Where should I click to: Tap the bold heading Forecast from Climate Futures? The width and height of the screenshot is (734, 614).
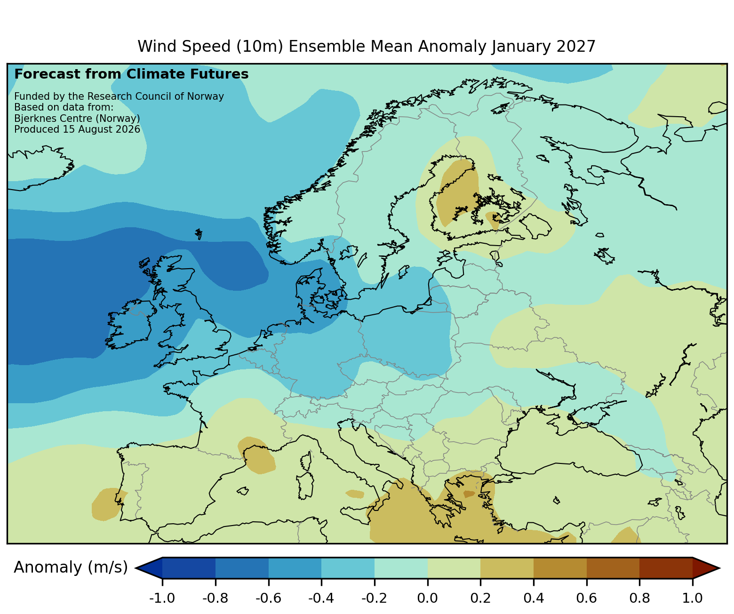131,74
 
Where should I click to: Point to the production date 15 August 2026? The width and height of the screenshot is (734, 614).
101,129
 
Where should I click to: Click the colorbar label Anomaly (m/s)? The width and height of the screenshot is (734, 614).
71,567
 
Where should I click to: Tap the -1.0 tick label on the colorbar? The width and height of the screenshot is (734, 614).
162,598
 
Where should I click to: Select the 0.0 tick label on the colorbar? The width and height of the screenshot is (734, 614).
428,598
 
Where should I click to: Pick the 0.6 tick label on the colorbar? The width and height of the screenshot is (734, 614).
586,598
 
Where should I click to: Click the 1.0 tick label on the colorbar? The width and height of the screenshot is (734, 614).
692,598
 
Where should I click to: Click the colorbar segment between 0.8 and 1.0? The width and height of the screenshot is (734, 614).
666,568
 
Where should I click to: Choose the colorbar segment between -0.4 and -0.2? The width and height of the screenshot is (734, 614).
348,568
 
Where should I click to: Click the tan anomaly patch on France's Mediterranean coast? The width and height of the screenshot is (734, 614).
256,455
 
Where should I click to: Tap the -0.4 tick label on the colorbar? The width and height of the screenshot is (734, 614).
321,598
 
